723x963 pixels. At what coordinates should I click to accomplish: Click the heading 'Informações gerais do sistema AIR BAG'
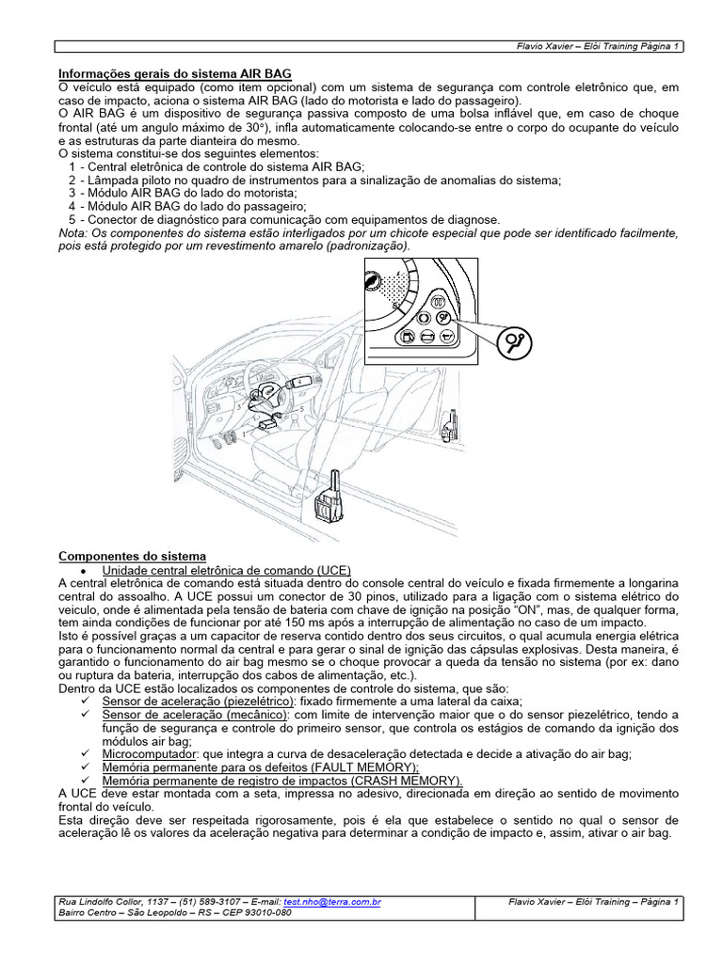[x=175, y=72]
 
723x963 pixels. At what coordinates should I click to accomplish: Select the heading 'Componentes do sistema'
[x=132, y=557]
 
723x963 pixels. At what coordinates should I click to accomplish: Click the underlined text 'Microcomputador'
[x=150, y=753]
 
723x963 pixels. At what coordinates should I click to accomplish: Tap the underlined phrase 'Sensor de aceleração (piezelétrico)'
[x=198, y=701]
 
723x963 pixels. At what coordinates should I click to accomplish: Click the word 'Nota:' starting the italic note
[x=72, y=232]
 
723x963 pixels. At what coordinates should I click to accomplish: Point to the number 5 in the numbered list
[x=72, y=219]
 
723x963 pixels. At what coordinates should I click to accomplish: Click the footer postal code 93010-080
[x=267, y=912]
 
